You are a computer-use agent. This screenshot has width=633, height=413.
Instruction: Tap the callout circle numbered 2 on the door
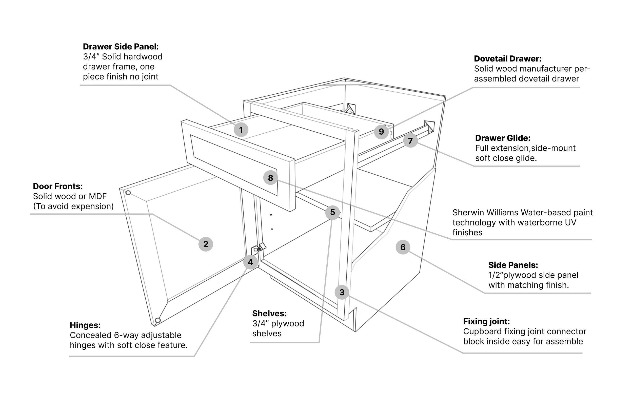click(206, 244)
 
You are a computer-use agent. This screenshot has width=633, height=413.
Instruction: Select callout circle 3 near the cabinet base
click(342, 292)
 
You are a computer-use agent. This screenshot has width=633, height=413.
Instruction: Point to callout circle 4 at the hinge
click(250, 262)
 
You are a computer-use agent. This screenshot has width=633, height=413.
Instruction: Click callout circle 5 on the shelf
click(332, 212)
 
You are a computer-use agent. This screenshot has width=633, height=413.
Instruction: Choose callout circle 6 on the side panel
click(403, 247)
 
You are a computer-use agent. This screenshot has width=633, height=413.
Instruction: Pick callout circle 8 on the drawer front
click(270, 178)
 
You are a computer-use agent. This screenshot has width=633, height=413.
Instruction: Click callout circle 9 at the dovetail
click(381, 131)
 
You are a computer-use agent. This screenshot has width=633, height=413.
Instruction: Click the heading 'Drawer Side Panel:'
click(121, 47)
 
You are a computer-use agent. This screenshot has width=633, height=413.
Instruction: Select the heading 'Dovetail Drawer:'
click(507, 58)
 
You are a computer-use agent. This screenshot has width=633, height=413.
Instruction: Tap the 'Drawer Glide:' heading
click(502, 138)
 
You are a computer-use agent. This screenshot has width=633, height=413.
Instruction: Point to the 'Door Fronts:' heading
click(58, 186)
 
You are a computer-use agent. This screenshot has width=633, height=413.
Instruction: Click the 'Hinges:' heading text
click(85, 325)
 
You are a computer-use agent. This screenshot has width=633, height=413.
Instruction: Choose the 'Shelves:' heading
click(269, 313)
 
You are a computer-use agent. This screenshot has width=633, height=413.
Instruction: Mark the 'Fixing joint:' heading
click(486, 321)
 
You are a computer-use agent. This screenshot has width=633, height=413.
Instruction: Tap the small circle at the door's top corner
click(128, 193)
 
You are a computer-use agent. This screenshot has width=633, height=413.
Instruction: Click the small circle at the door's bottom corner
click(157, 320)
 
